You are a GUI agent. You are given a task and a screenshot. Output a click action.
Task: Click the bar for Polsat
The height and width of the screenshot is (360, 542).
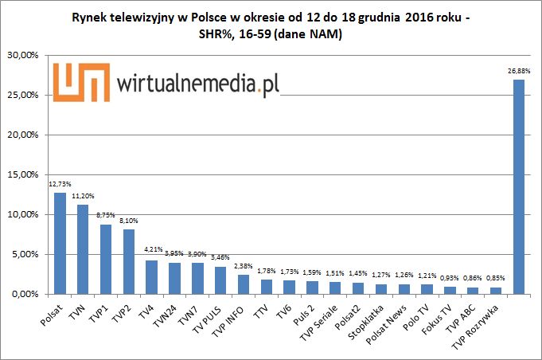click(60, 244)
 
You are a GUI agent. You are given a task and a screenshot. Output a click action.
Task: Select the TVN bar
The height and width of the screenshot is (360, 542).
click(83, 249)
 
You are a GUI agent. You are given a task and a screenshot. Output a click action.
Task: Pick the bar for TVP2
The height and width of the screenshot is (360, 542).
click(128, 262)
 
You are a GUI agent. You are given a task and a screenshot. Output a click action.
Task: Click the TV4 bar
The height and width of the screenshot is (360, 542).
click(151, 277)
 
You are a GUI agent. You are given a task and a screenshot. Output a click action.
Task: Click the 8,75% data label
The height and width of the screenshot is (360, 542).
click(104, 215)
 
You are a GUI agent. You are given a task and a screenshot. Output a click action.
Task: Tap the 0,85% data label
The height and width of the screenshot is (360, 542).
click(494, 278)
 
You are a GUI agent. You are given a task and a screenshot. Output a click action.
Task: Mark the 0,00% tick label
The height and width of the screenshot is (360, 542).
click(29, 295)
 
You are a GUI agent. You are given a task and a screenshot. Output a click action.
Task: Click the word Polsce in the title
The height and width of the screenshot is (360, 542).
click(213, 16)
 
